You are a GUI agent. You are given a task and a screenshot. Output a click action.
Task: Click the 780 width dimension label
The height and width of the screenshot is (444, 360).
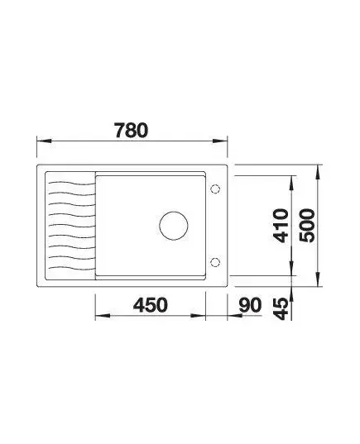(131, 130)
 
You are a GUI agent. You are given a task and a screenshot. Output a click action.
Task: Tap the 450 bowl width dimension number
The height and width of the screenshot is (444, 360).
(151, 305)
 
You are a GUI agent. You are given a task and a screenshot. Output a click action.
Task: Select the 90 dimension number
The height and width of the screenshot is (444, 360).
(250, 305)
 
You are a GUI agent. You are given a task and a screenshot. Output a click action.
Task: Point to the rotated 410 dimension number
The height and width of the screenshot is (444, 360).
(280, 226)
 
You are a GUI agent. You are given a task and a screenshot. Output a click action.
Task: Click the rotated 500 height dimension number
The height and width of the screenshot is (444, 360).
(307, 226)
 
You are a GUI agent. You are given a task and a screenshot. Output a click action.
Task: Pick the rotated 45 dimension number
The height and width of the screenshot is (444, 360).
(280, 309)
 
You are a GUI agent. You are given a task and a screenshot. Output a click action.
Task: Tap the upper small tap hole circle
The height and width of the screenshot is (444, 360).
(215, 189)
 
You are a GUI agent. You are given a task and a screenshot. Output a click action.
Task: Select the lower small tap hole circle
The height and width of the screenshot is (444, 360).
(215, 262)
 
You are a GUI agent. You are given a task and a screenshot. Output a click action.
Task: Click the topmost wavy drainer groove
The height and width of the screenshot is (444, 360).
(71, 184)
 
